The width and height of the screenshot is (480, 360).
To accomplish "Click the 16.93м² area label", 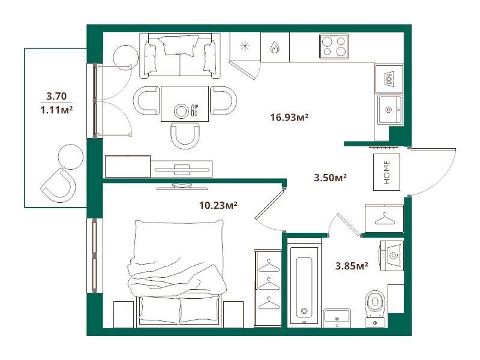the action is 289,117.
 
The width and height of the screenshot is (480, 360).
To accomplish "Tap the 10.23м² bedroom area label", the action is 218,205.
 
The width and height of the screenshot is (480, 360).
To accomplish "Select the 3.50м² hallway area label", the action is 331,178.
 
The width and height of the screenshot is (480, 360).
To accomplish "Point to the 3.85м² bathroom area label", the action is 352,266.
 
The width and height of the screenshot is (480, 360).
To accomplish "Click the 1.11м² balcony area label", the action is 56,110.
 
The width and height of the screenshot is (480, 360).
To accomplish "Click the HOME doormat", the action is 386,172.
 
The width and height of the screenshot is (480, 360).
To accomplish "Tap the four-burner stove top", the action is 334,46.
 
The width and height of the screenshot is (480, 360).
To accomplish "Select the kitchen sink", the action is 390,109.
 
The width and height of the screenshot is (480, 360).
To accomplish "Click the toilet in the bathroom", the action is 376,308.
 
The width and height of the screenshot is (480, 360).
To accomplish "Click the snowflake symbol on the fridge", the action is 245,46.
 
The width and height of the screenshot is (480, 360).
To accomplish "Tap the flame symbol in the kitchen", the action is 275,47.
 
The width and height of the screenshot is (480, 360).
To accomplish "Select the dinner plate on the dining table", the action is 181,111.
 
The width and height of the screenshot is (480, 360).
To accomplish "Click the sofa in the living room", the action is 180,55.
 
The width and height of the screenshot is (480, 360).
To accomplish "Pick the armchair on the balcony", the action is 59,185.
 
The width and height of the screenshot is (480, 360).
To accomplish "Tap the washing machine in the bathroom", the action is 392,256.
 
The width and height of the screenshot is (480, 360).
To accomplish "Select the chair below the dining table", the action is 185,136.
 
